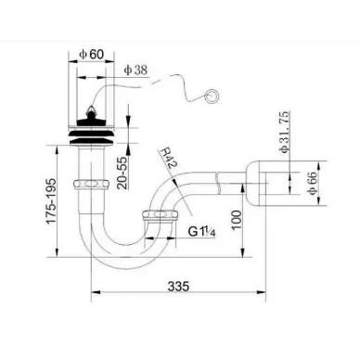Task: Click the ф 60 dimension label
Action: tap(91, 55)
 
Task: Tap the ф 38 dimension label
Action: tap(135, 70)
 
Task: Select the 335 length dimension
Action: tap(178, 286)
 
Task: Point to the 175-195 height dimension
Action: tap(52, 200)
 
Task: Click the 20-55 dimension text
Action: tap(122, 173)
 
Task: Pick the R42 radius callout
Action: tap(168, 158)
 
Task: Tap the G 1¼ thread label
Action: tap(201, 231)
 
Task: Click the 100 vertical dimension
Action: tap(237, 220)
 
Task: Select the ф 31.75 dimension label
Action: tap(284, 132)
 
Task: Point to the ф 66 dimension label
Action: tap(312, 183)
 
